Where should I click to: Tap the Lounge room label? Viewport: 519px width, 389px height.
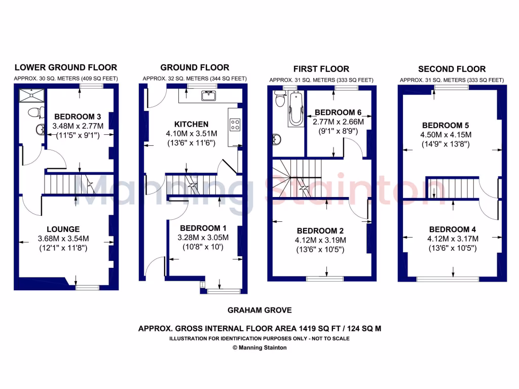[63, 229]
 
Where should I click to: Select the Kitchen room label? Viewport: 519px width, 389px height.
[191, 124]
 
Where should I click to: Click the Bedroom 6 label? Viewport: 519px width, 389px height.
[335, 112]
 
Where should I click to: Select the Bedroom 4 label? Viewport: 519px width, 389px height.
[449, 229]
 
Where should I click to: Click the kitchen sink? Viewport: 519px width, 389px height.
[209, 95]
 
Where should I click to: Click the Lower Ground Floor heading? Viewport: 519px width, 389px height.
[65, 67]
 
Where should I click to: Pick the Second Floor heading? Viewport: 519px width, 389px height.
[452, 69]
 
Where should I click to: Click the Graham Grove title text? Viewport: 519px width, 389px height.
[259, 310]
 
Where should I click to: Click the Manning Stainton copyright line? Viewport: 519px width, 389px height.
[259, 347]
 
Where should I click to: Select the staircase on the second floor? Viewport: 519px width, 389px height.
[453, 188]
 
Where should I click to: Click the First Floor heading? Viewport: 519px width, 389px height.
[321, 69]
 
